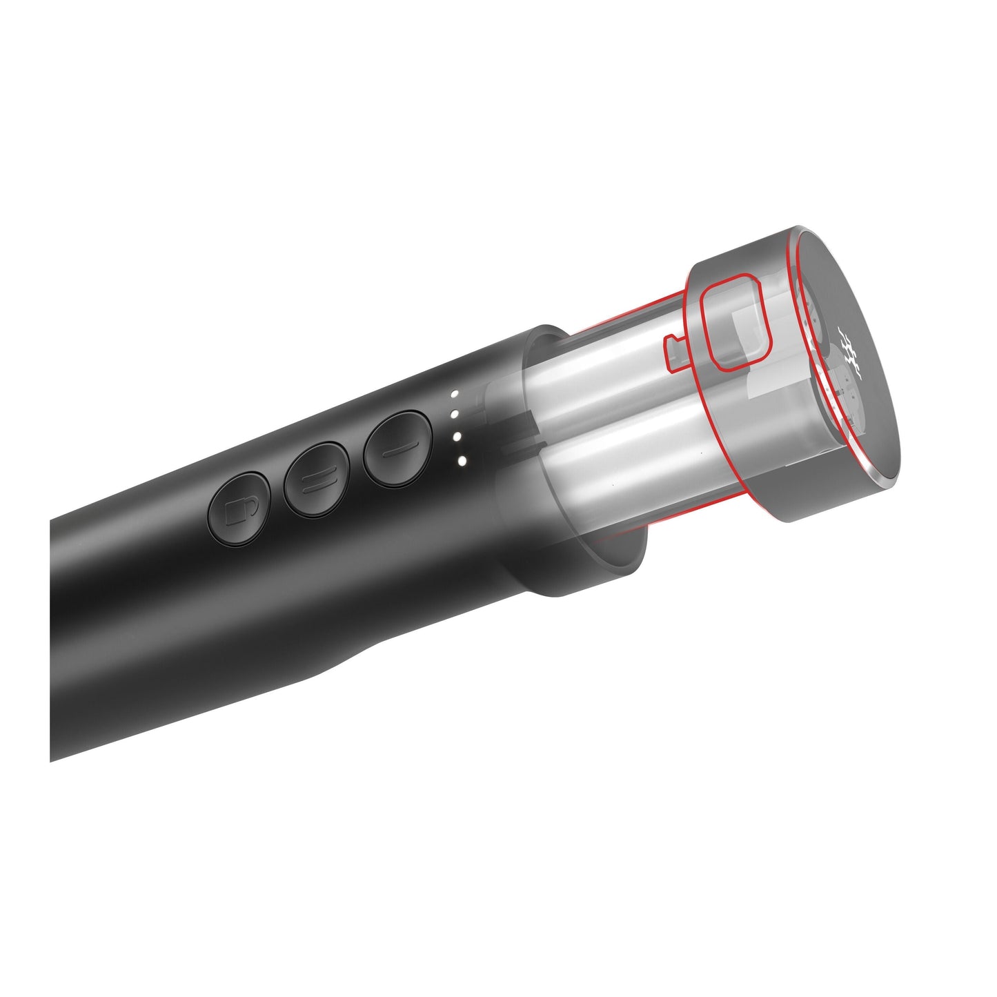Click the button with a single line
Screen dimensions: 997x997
click(397, 448)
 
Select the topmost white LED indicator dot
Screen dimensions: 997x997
click(454, 395)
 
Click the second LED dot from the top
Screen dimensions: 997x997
click(455, 415)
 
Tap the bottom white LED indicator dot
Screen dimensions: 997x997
click(462, 460)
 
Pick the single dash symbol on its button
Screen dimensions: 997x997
click(397, 448)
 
